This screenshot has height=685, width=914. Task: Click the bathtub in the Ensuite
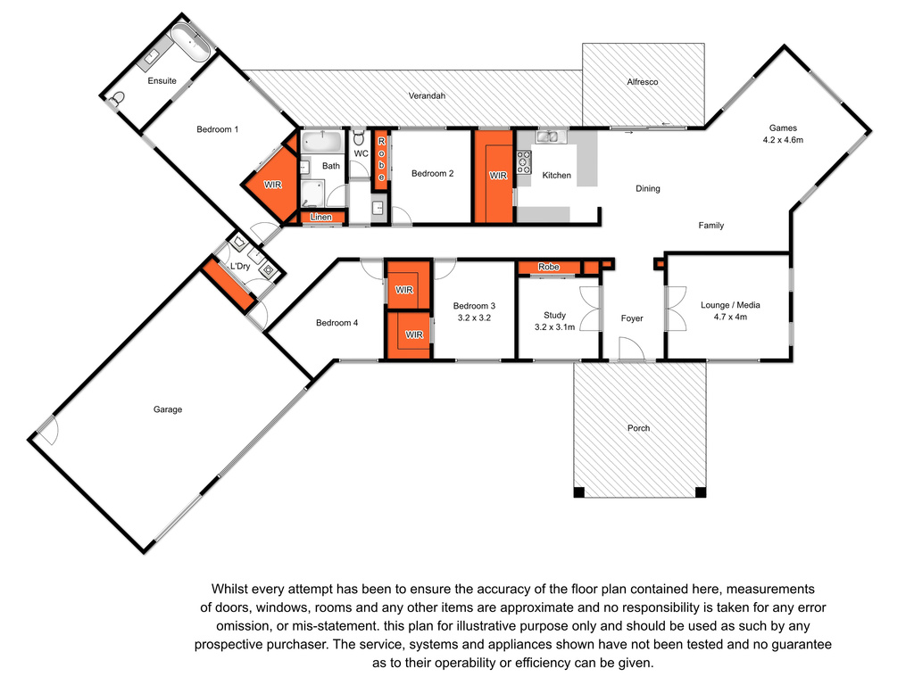(x=190, y=41)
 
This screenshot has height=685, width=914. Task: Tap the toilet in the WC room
(x=359, y=137)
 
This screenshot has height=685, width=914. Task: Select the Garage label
(x=168, y=409)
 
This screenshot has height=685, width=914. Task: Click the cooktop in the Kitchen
(x=523, y=162)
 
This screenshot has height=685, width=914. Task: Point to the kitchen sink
(x=547, y=136)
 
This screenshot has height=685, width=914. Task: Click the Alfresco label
(x=643, y=82)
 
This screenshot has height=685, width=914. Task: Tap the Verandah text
(x=427, y=95)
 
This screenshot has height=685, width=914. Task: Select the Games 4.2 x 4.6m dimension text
(x=783, y=140)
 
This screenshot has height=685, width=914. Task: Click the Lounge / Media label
(x=730, y=305)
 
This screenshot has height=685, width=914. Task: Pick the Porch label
(x=638, y=428)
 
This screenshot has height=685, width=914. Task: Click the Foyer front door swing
(x=631, y=349)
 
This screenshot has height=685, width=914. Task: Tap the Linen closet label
(x=321, y=218)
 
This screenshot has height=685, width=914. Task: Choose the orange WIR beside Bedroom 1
(x=272, y=185)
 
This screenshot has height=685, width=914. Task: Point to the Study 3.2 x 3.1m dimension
(x=555, y=327)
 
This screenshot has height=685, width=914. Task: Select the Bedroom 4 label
(x=337, y=323)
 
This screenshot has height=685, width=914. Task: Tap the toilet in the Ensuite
(x=117, y=98)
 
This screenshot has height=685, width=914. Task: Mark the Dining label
(x=648, y=189)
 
